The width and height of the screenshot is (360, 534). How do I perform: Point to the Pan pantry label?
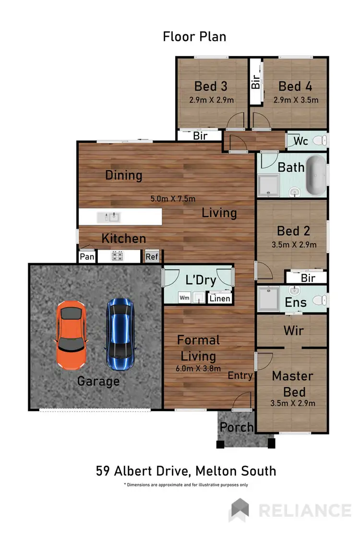(87, 256)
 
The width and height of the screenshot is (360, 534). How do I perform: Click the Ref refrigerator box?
(152, 256)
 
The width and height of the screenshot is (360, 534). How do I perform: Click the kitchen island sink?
(108, 218)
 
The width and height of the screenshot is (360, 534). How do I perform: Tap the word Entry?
(240, 375)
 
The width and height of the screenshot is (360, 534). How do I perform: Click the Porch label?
(237, 427)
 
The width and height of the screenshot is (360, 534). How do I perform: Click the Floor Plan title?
(194, 36)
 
